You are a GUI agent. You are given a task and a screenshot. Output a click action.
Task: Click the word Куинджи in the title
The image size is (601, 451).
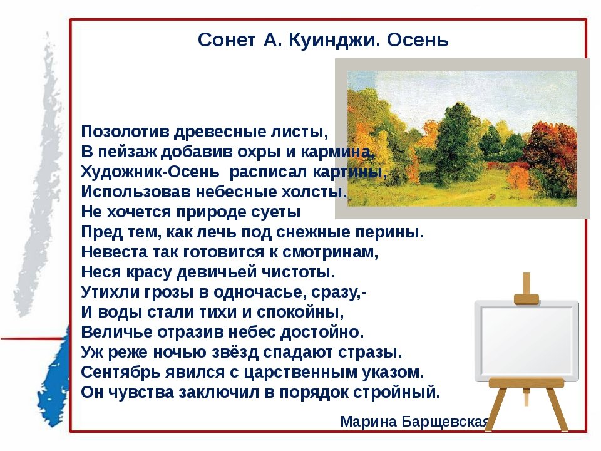pyautogui.click(x=334, y=40)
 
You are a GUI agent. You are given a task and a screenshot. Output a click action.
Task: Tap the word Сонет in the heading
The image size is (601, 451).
pyautogui.click(x=227, y=40)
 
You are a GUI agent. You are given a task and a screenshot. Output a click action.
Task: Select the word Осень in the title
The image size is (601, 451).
pyautogui.click(x=418, y=40)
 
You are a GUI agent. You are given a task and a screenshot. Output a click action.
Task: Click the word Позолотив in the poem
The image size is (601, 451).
pyautogui.click(x=125, y=132)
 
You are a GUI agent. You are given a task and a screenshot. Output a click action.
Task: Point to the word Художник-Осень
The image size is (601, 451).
pyautogui.click(x=150, y=172)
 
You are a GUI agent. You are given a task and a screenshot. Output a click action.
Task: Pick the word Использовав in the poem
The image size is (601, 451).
pyautogui.click(x=136, y=192)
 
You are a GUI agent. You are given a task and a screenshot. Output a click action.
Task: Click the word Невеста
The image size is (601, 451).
pyautogui.click(x=114, y=252)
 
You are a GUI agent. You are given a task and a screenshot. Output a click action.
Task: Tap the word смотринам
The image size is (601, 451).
pyautogui.click(x=331, y=252)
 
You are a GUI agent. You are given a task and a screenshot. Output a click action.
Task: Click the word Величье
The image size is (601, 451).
pyautogui.click(x=117, y=332)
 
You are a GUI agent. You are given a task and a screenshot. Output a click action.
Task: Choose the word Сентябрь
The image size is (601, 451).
pyautogui.click(x=120, y=372)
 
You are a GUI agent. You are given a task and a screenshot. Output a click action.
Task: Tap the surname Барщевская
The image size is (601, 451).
pyautogui.click(x=445, y=422)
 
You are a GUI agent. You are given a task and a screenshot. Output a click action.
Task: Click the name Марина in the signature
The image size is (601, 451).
pyautogui.click(x=368, y=422)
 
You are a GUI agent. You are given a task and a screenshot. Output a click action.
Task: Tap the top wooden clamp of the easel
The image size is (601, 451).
pyautogui.click(x=527, y=299)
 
